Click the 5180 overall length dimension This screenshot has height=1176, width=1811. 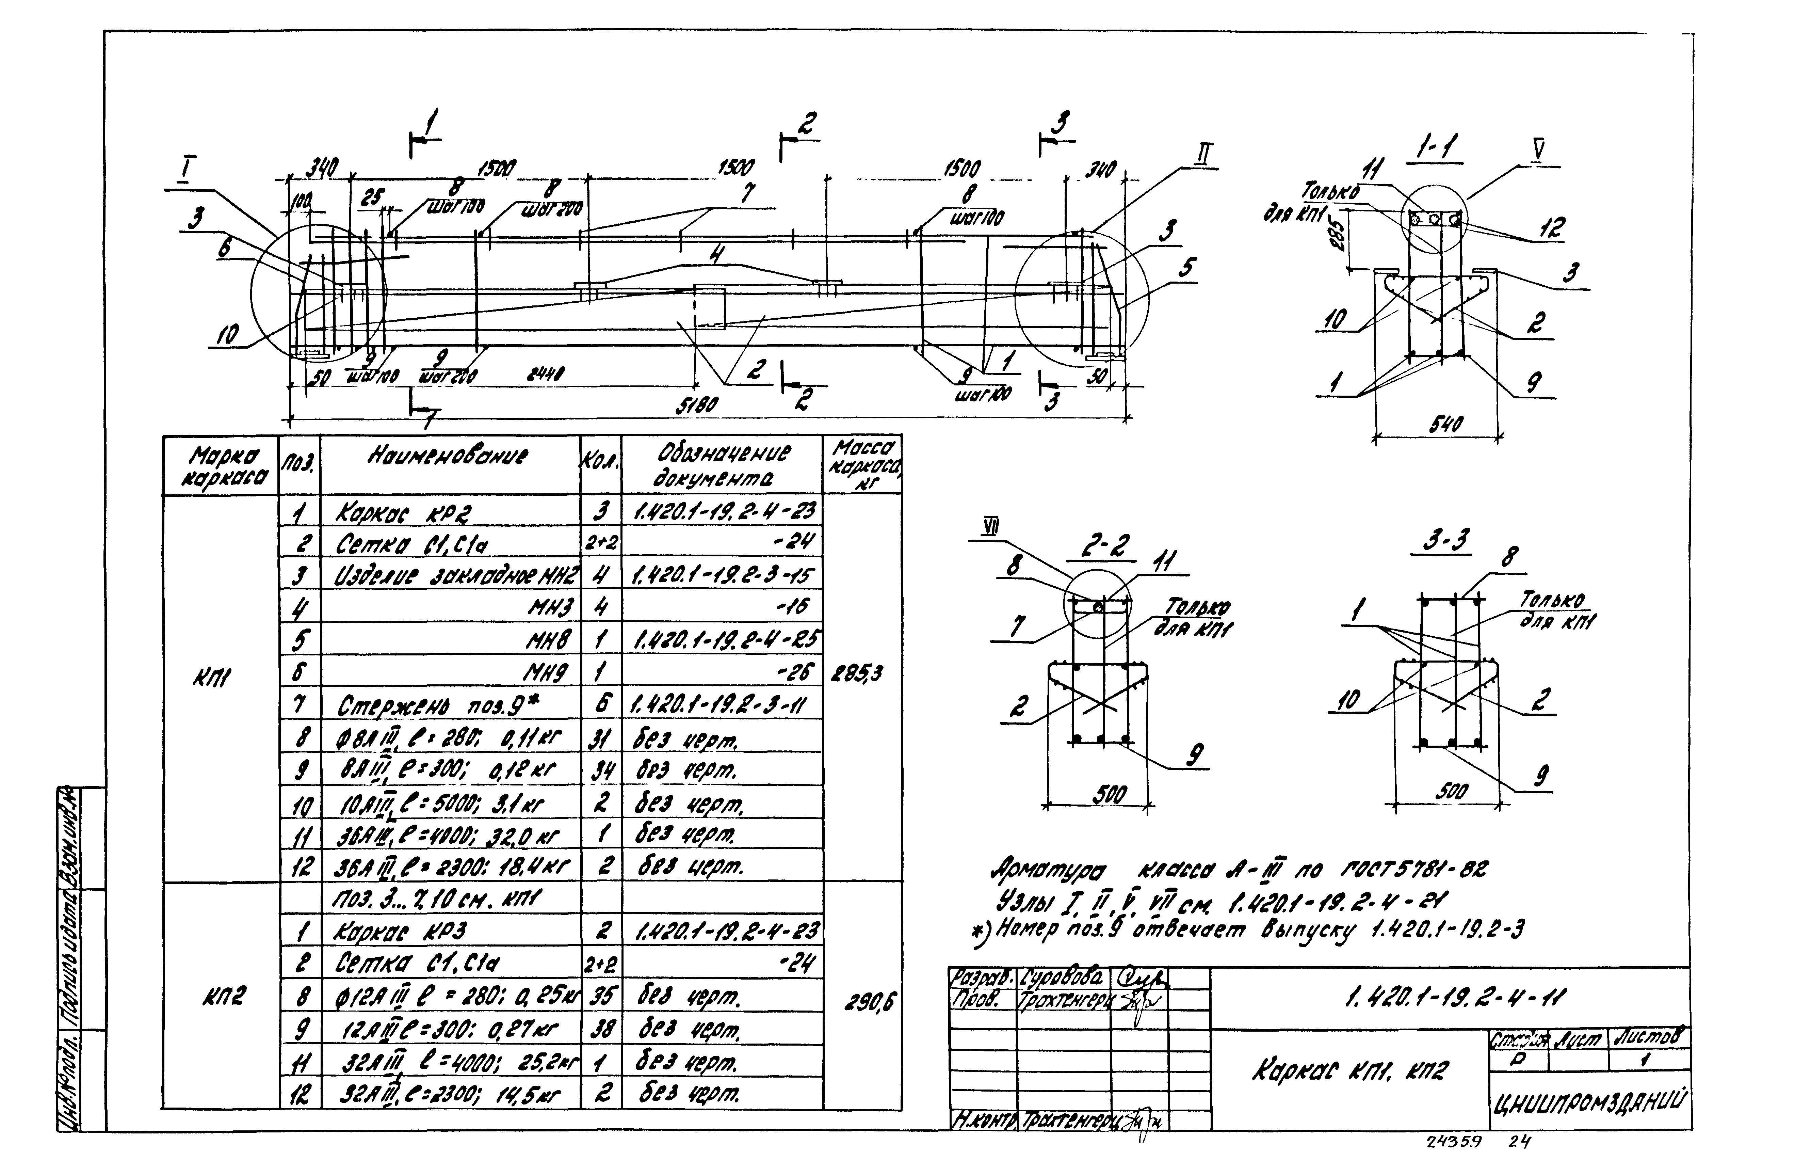[696, 406]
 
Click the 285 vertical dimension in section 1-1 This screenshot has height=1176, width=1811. [1341, 240]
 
